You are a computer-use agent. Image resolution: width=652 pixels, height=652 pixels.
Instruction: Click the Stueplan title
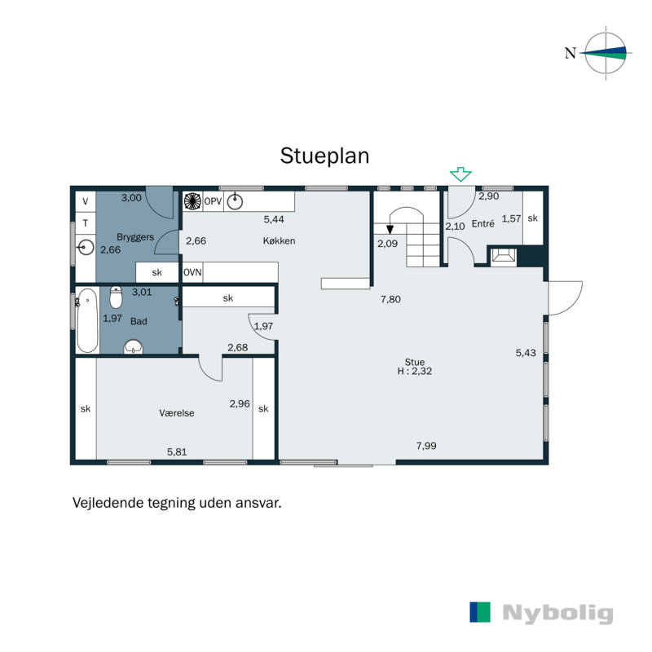pyautogui.click(x=324, y=156)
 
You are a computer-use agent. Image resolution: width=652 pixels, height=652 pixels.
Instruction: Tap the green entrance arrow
pyautogui.click(x=461, y=174)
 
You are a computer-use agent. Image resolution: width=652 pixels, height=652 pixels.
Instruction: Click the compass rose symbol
pyautogui.click(x=607, y=53)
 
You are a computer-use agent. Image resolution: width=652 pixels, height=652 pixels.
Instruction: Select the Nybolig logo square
pyautogui.click(x=480, y=613)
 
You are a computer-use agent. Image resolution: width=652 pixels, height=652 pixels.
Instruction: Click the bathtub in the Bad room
pyautogui.click(x=86, y=320)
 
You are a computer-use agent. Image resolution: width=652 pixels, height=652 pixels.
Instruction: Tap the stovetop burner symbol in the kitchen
pyautogui.click(x=192, y=201)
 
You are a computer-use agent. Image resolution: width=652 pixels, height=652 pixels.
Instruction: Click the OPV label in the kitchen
pyautogui.click(x=213, y=201)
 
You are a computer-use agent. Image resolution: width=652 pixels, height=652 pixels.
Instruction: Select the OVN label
pyautogui.click(x=192, y=272)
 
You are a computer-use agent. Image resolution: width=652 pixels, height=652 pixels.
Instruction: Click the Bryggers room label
pyautogui.click(x=135, y=236)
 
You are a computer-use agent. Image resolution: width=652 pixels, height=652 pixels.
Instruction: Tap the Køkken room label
pyautogui.click(x=279, y=241)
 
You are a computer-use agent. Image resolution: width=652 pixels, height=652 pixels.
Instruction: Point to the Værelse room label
pyautogui.click(x=177, y=413)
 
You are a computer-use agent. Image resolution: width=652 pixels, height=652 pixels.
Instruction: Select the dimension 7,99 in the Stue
pyautogui.click(x=426, y=446)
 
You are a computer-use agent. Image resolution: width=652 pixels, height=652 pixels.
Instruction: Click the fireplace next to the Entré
pyautogui.click(x=501, y=257)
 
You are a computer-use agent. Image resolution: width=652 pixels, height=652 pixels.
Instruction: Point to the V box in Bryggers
pyautogui.click(x=86, y=200)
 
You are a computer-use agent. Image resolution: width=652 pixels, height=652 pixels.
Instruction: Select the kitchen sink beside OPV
pyautogui.click(x=236, y=201)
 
